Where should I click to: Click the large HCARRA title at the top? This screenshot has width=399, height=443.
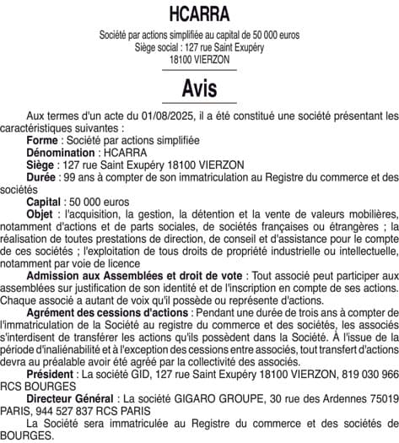click(x=199, y=14)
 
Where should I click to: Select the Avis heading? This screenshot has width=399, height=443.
click(x=199, y=88)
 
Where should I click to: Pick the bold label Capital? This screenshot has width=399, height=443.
click(x=44, y=203)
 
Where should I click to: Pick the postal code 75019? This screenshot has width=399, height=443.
click(x=381, y=397)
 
